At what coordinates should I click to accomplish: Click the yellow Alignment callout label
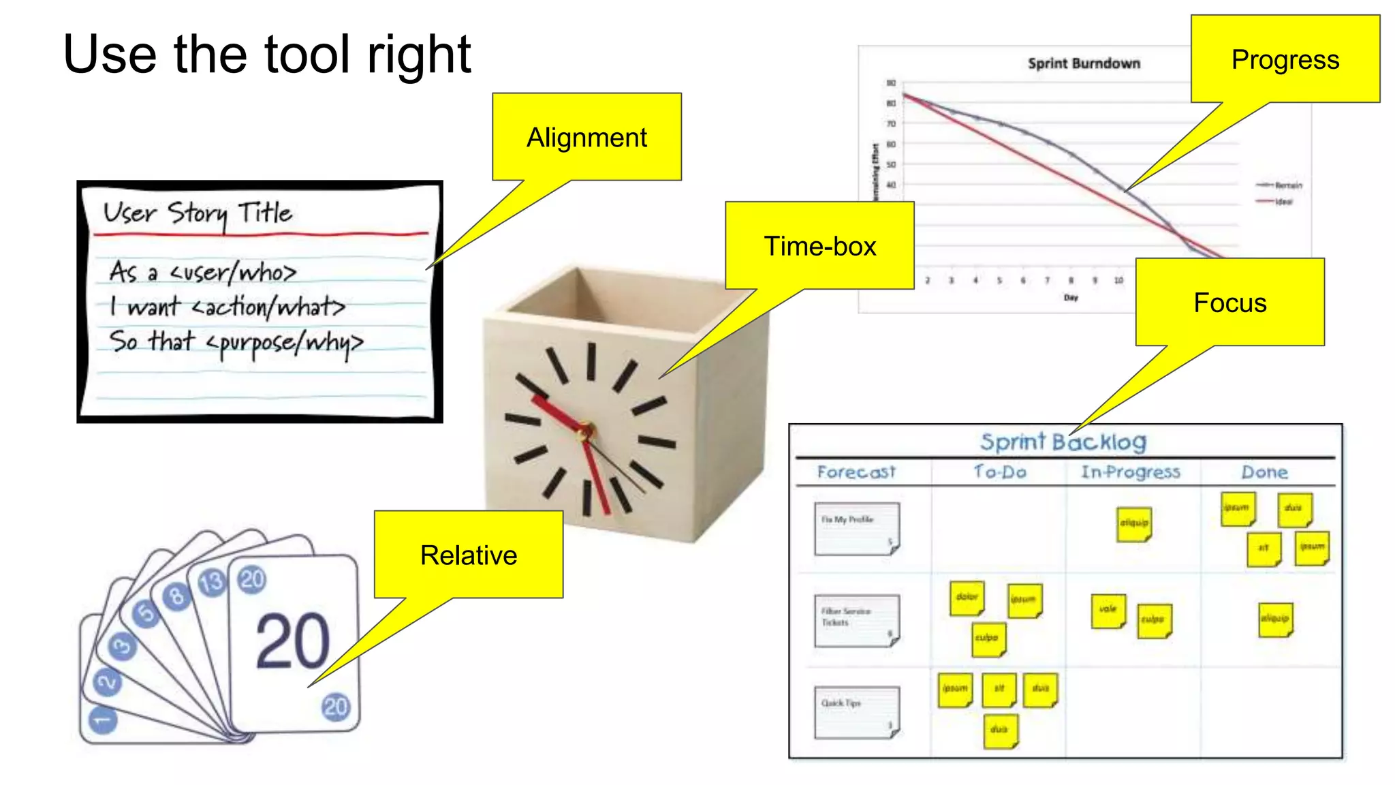586,137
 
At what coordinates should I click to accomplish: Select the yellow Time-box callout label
819,246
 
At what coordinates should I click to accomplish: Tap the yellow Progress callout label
1285,60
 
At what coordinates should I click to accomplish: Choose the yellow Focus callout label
1229,303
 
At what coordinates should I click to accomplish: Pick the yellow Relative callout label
469,555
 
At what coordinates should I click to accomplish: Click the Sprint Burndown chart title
1084,63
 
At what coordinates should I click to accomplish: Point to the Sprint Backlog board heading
1063,442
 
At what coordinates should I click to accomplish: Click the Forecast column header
856,472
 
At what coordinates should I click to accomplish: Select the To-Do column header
999,472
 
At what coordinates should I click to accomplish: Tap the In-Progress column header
1130,472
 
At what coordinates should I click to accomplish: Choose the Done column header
1264,472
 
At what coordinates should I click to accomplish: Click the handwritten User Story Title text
198,213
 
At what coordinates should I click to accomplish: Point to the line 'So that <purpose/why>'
236,342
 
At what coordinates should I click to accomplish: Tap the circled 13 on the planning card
211,583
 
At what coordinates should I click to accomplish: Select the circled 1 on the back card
103,720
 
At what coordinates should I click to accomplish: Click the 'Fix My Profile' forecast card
856,529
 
